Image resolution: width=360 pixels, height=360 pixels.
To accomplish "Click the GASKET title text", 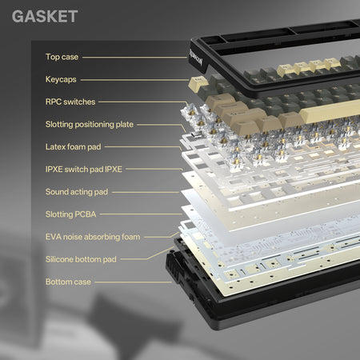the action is (45, 16).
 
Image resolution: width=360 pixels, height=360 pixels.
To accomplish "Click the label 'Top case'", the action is (62, 57).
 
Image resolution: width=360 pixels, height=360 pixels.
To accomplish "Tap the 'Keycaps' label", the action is (61, 79).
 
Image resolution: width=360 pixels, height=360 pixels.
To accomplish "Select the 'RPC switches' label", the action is (70, 102).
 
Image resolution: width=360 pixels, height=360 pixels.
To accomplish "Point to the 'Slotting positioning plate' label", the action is (90, 125).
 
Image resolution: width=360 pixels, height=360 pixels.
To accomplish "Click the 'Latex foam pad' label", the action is (73, 147).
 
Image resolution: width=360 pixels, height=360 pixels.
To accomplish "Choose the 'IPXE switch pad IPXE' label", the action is (84, 170).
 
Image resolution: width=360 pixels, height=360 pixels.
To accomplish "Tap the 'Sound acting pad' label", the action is (77, 192).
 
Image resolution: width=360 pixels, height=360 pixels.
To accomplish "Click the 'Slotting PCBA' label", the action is (70, 214).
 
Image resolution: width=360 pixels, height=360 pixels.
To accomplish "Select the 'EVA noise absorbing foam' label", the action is (93, 237).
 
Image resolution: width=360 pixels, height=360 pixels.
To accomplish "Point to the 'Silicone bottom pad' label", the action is (81, 259).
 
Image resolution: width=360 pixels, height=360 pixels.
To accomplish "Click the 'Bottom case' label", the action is (68, 282).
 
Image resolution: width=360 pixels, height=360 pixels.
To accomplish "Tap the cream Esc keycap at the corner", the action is (198, 83).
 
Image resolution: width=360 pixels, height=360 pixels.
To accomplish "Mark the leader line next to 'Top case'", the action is (134, 58).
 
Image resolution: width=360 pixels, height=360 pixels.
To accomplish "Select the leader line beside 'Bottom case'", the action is (133, 282).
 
